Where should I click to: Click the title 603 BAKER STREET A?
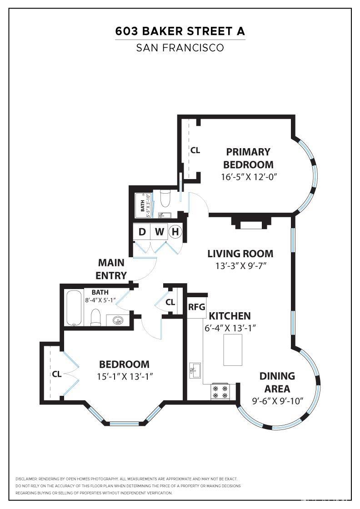pyautogui.click(x=180, y=31)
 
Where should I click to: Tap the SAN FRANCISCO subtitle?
pyautogui.click(x=180, y=48)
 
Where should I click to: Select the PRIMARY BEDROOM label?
pyautogui.click(x=248, y=158)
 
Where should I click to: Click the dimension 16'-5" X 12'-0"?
pyautogui.click(x=248, y=177)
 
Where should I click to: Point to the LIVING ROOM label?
pyautogui.click(x=240, y=254)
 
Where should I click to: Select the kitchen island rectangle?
pyautogui.click(x=235, y=349)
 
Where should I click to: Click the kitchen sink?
pyautogui.click(x=194, y=370)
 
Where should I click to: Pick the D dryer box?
pyautogui.click(x=142, y=232)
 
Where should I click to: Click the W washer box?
pyautogui.click(x=159, y=232)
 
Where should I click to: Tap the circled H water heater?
pyautogui.click(x=175, y=232)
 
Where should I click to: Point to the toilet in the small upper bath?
pyautogui.click(x=165, y=198)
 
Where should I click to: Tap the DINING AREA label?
pyautogui.click(x=277, y=382)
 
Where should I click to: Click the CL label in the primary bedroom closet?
pyautogui.click(x=195, y=150)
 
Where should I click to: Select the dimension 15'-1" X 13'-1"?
pyautogui.click(x=124, y=376)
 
